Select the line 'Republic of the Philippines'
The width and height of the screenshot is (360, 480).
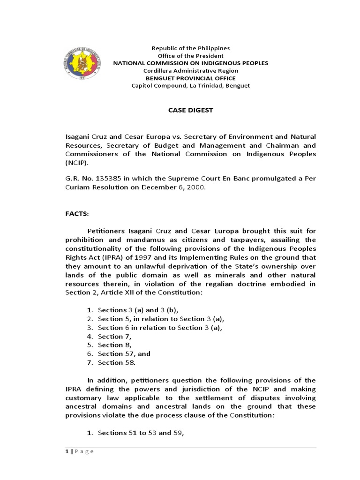[190, 48]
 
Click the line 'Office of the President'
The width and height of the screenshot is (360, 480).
[190, 56]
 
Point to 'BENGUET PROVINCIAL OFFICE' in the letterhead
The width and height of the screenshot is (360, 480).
[190, 78]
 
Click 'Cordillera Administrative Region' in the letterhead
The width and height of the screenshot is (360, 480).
[190, 71]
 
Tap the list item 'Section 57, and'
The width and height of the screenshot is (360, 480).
[124, 354]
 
